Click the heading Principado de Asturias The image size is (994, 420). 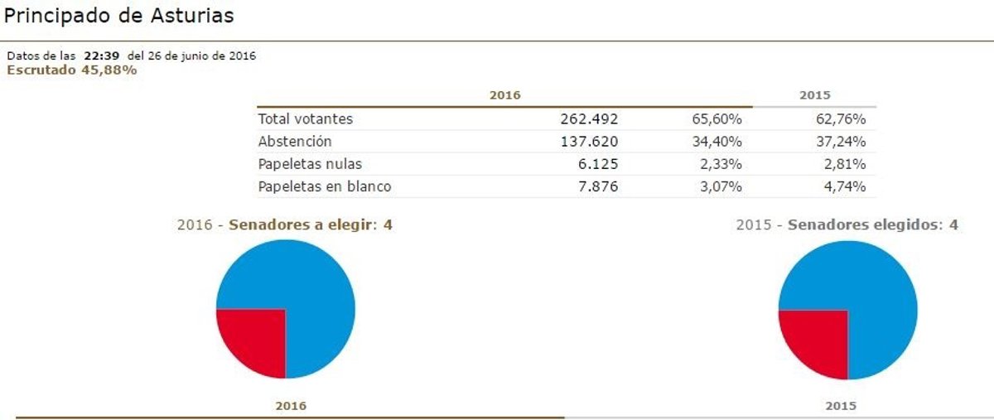tap(119, 15)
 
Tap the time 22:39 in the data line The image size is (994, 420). tap(102, 56)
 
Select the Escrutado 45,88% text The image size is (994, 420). tap(72, 70)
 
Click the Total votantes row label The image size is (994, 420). tap(306, 119)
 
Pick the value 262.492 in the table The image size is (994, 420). tap(589, 119)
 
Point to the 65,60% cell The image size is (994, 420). tap(717, 119)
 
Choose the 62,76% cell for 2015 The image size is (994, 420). tap(841, 119)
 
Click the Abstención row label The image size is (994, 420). tap(295, 142)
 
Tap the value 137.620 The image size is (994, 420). tap(589, 142)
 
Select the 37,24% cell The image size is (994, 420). tap(841, 142)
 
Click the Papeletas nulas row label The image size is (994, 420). tap(310, 164)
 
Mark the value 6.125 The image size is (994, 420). tap(601, 164)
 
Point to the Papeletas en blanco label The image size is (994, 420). tap(325, 186)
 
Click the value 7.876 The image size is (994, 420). tap(601, 186)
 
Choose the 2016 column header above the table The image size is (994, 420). tap(504, 95)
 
